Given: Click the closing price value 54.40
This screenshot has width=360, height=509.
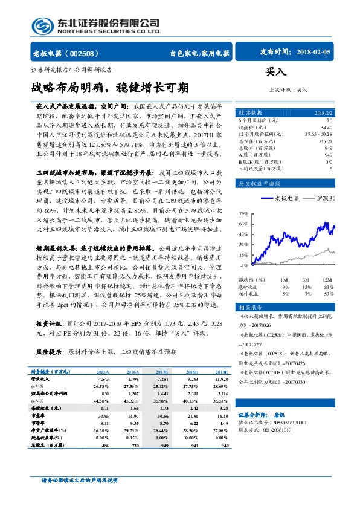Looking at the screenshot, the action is click(x=327, y=128).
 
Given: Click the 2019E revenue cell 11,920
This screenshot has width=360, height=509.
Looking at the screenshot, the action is click(x=222, y=378).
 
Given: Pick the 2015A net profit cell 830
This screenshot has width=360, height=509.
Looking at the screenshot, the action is click(x=103, y=393).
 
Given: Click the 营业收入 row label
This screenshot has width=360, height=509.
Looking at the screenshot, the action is click(x=40, y=378).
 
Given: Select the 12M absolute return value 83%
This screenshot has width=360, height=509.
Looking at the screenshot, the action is click(x=329, y=287).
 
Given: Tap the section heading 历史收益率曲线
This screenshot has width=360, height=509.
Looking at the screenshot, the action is click(x=257, y=182).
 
